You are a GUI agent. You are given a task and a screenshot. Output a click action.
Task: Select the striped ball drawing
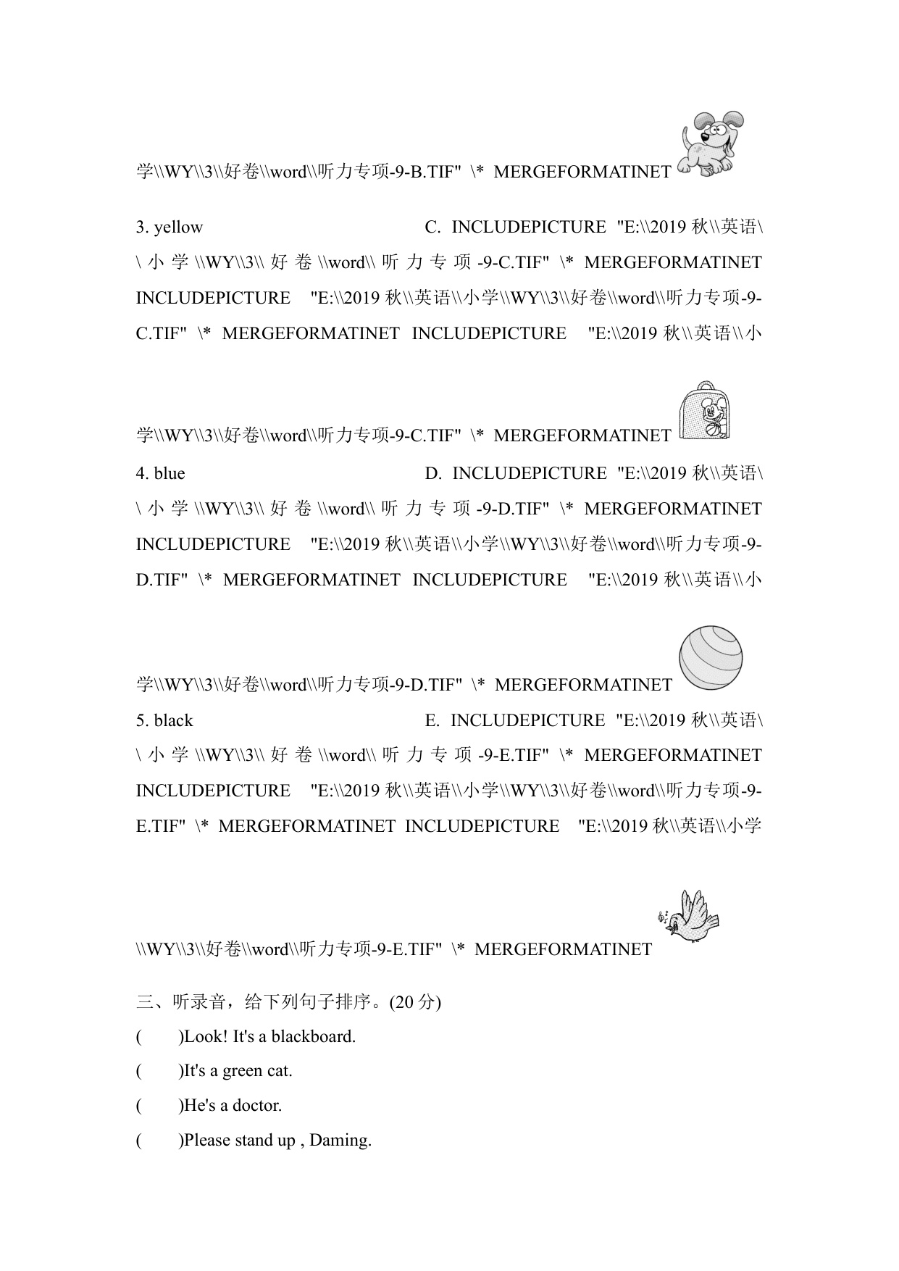(x=711, y=658)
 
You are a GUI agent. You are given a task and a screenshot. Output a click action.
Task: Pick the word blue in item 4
(x=170, y=474)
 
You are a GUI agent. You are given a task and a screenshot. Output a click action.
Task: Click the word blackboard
(x=313, y=1037)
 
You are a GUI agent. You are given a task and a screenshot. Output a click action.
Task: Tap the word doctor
(x=259, y=1106)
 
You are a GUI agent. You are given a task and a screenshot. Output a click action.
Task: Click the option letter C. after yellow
(x=432, y=228)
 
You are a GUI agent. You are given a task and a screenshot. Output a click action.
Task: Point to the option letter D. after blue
(x=433, y=474)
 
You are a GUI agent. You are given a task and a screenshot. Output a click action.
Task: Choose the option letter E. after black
(x=432, y=721)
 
